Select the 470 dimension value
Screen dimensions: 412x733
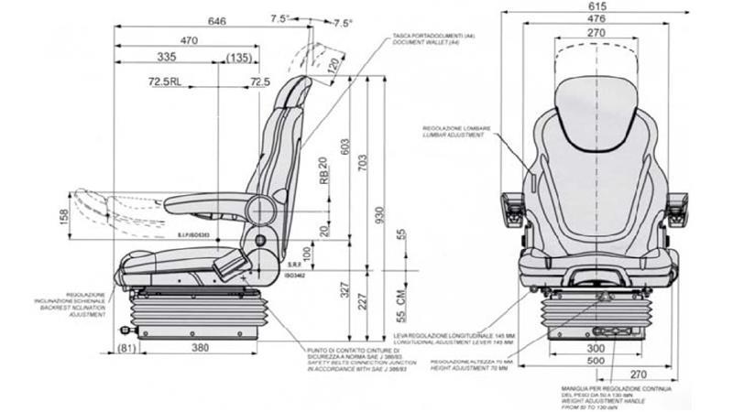[x=190, y=39]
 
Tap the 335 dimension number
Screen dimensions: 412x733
[x=166, y=58]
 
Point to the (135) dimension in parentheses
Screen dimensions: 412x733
[x=238, y=58]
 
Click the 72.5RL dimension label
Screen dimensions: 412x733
[x=163, y=82]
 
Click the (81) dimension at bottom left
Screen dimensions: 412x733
[x=126, y=348]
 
